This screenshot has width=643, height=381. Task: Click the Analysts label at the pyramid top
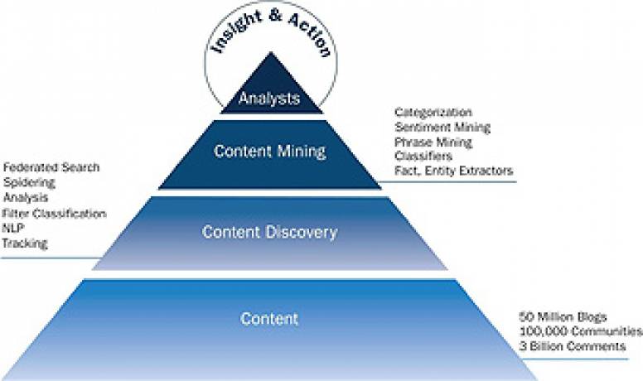(x=268, y=99)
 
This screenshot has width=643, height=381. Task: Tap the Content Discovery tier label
(x=269, y=232)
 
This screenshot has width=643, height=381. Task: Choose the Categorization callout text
(x=433, y=112)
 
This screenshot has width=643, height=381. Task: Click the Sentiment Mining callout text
(x=442, y=127)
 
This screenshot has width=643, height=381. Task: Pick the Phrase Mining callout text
(x=433, y=142)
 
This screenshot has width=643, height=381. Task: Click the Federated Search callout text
(x=51, y=167)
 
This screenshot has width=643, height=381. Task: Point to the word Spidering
(x=28, y=182)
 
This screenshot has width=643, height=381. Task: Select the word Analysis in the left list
(x=26, y=198)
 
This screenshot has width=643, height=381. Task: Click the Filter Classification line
(x=55, y=213)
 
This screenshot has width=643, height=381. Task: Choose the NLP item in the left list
(x=13, y=228)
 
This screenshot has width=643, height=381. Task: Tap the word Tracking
(x=26, y=244)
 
